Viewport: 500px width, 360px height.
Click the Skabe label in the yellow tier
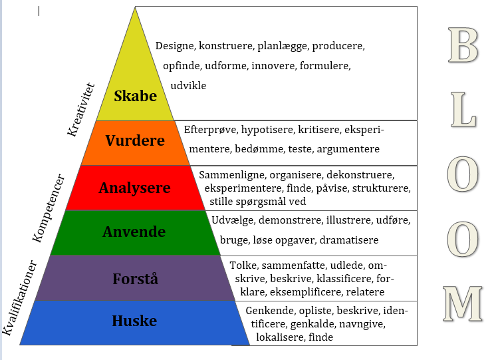[x=135, y=96]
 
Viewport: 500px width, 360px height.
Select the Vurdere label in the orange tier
[x=135, y=142]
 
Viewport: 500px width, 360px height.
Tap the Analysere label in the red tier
[x=134, y=188]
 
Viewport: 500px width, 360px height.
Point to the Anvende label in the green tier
[x=134, y=232]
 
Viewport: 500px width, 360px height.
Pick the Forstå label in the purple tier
[x=134, y=277]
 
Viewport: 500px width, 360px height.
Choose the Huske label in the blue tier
[x=134, y=321]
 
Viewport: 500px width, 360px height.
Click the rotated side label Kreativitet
[x=82, y=110]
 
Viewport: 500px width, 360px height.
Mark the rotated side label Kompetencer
[x=49, y=208]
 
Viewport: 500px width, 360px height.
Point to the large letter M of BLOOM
[x=463, y=303]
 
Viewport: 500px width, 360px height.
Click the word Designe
[x=175, y=47]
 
